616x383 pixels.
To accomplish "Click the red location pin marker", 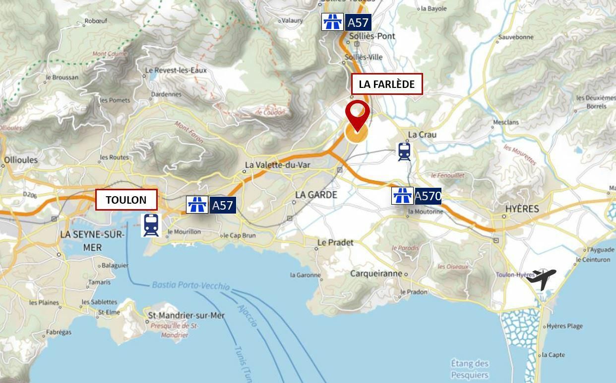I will (x=357, y=114).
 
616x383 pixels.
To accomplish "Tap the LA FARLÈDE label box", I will (x=386, y=84).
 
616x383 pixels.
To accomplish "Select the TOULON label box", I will (x=126, y=200).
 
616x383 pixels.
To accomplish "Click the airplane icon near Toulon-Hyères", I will (x=541, y=278).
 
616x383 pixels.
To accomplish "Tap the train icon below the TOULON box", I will (x=151, y=225).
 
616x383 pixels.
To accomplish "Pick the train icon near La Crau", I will (x=404, y=152).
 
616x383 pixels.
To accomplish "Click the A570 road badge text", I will (x=428, y=196).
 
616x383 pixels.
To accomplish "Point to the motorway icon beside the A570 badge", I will (x=402, y=196).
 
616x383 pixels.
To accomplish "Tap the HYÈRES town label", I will (x=522, y=209).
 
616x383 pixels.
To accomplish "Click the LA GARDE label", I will (x=316, y=195).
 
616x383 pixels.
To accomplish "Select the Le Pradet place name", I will (x=335, y=242).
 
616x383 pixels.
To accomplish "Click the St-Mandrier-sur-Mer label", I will (x=186, y=315).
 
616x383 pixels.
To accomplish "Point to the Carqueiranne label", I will (x=376, y=274).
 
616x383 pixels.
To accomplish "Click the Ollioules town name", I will (x=20, y=160).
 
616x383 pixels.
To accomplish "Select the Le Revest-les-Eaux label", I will (x=176, y=71).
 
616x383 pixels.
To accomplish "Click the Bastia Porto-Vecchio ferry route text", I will (x=190, y=286).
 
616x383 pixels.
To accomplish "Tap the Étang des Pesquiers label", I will (x=470, y=369).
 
